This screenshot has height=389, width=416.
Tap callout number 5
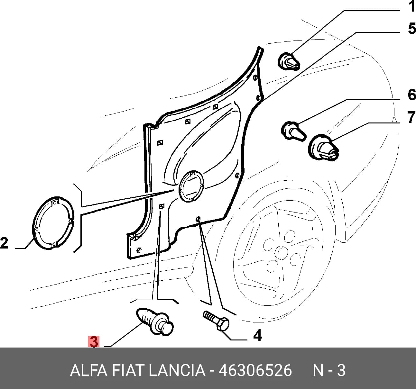point(412,29)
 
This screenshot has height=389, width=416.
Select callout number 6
point(412,95)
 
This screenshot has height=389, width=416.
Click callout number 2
point(4,243)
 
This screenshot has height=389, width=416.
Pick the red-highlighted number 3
point(94,342)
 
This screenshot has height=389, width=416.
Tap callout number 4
point(257,335)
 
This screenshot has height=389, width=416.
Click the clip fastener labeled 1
point(289,61)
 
